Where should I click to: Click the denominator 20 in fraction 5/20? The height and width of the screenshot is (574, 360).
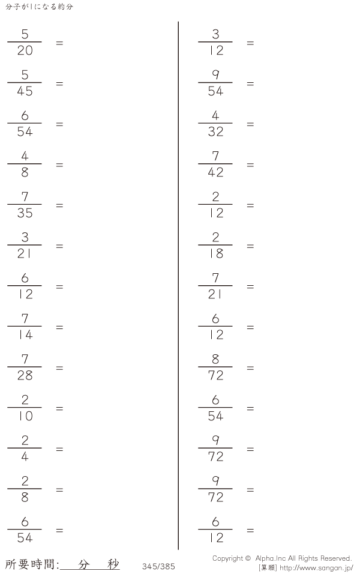25,50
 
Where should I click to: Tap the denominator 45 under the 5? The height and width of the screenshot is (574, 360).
25,91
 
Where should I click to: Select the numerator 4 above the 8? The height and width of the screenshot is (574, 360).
25,156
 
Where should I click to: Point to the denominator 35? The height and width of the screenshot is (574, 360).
25,213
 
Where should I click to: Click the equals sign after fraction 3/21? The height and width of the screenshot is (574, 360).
59,246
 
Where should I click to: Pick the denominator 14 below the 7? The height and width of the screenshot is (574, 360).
25,335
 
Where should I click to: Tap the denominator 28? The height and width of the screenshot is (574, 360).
25,376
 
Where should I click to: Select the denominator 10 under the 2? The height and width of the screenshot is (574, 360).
25,416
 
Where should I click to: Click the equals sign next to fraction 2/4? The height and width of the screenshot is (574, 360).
59,449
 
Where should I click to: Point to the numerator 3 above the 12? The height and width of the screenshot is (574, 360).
215,34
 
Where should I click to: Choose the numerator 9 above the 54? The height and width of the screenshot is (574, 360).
215,74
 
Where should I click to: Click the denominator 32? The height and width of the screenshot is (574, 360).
215,131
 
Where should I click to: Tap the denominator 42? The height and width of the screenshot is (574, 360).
215,172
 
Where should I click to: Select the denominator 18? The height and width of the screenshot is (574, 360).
215,254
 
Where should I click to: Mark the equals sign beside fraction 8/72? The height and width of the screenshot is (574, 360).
250,368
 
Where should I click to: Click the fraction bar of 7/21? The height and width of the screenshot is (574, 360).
215,286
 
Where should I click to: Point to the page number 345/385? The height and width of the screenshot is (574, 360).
158,566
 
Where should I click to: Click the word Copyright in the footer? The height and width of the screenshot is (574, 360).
227,558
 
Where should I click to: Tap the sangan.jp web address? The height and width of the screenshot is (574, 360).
316,568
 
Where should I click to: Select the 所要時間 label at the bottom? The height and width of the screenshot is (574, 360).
31,564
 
